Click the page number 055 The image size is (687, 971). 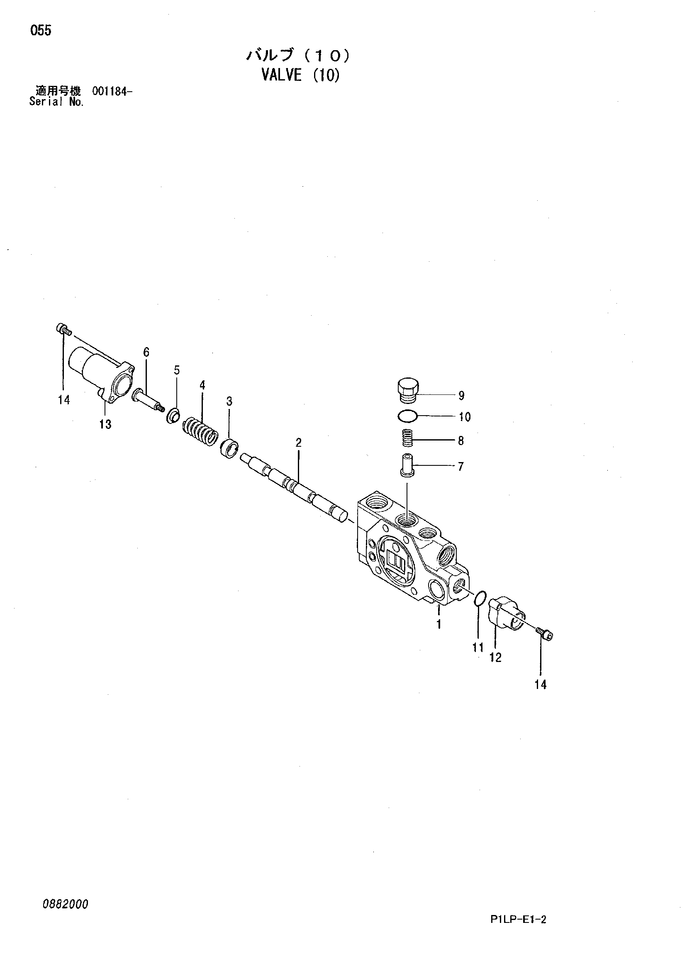[x=41, y=30]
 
